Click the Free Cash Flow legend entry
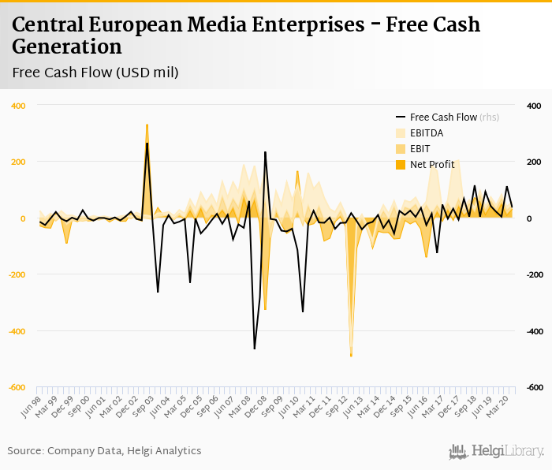443,117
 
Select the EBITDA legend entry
426,132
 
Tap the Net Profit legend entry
430,164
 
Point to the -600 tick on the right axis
534,388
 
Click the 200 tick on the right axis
533,162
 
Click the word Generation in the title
67,47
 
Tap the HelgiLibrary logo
496,451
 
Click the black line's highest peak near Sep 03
147,143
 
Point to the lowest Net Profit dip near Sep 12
351,356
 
